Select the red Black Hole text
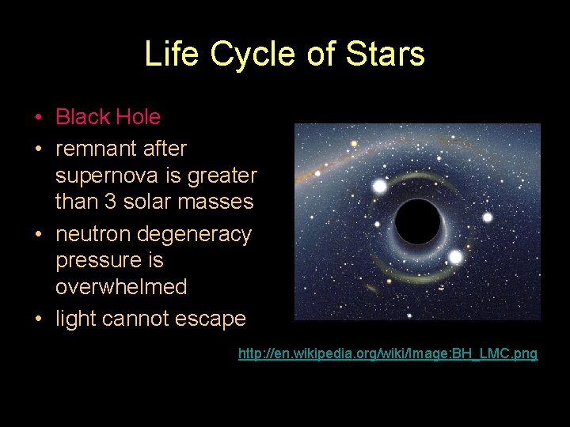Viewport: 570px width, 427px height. pos(108,117)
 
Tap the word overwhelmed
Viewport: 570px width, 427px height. pos(121,286)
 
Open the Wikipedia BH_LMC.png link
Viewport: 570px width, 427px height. pos(388,353)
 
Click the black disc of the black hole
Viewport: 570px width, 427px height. pos(417,222)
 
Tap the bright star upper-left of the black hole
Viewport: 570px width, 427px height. pos(380,186)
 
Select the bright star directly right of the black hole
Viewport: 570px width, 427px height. pos(488,217)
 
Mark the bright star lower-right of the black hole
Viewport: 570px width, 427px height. pos(455,257)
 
